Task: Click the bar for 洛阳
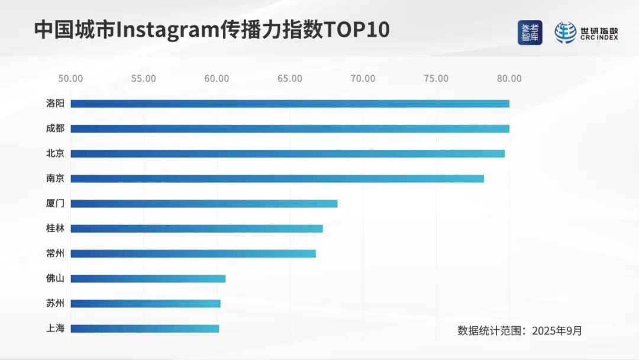point(290,104)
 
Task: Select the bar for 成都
point(290,128)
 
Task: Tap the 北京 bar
point(288,153)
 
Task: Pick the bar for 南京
point(277,179)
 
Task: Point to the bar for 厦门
point(204,204)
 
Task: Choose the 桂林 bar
point(196,229)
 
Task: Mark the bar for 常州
point(193,253)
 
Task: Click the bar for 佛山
point(148,278)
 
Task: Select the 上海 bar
point(145,329)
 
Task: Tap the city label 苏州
point(55,304)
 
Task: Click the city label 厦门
point(55,204)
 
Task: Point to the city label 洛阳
point(55,104)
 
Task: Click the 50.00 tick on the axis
point(70,79)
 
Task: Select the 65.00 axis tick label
point(290,79)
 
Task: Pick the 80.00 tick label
point(509,79)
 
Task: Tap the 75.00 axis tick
point(436,79)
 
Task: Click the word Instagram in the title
point(164,30)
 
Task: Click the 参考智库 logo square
point(530,33)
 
